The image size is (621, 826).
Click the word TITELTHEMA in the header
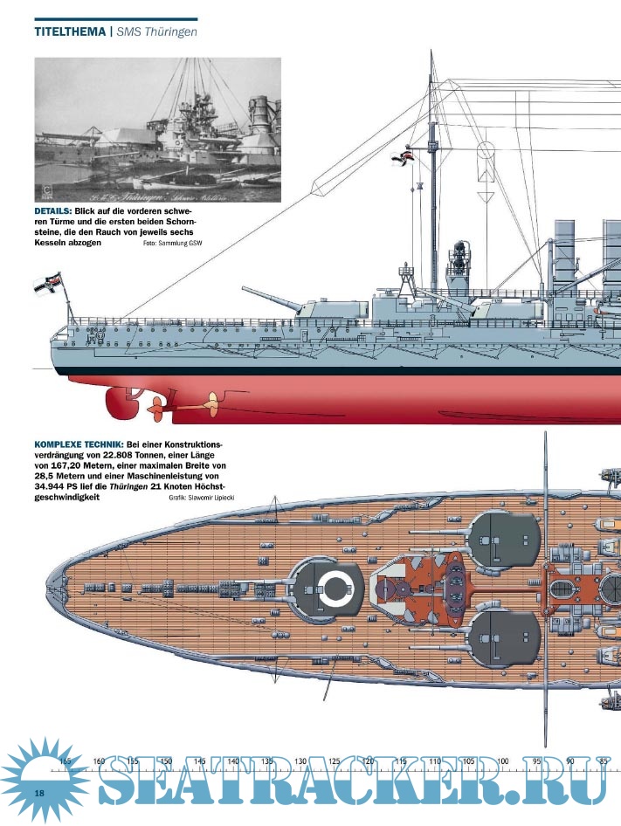(69, 32)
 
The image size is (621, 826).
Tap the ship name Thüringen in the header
(172, 32)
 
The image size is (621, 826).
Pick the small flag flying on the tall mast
(404, 157)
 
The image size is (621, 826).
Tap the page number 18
(39, 792)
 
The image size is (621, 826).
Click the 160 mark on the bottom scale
(99, 761)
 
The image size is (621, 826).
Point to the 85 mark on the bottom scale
(603, 761)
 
